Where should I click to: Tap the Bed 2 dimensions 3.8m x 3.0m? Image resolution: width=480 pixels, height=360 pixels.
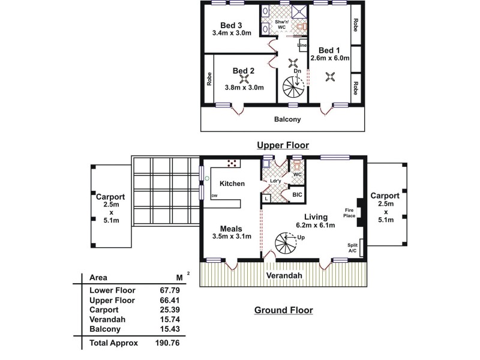pos(244,87)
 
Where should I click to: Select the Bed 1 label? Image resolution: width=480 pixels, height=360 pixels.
pos(329,50)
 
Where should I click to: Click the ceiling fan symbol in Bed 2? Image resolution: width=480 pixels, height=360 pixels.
pos(244,77)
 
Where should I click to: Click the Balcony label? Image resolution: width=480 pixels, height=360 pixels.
pos(287,119)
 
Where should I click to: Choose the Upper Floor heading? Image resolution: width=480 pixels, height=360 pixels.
pos(283,145)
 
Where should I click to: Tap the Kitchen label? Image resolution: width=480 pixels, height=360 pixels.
pos(232,184)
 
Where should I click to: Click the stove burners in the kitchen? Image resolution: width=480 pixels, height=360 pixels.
pos(232,163)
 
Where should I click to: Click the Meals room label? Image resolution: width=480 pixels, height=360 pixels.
pos(231,228)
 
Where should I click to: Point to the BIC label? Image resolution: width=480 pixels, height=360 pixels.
pos(297,195)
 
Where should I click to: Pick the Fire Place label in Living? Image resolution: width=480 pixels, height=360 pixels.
pos(349,212)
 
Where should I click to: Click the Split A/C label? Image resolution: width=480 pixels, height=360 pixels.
pos(353,248)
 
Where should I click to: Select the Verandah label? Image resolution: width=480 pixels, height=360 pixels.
pos(284,275)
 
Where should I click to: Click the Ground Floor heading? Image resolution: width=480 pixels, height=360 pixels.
pos(284,310)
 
